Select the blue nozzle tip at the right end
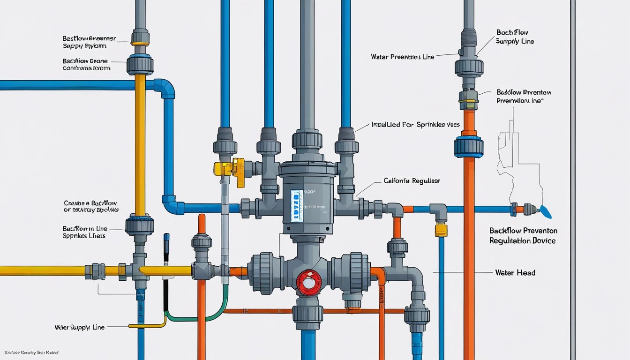click(546, 212)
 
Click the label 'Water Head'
click(515, 272)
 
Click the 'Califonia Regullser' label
click(412, 180)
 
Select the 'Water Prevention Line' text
click(402, 57)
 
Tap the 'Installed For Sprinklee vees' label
click(415, 125)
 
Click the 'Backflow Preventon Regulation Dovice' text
click(523, 236)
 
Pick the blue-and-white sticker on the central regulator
click(297, 205)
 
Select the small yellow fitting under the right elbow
click(441, 230)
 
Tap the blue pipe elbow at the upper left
click(165, 88)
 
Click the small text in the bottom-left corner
click(31, 352)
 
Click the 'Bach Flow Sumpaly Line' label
click(515, 37)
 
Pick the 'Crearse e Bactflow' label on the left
click(90, 206)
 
